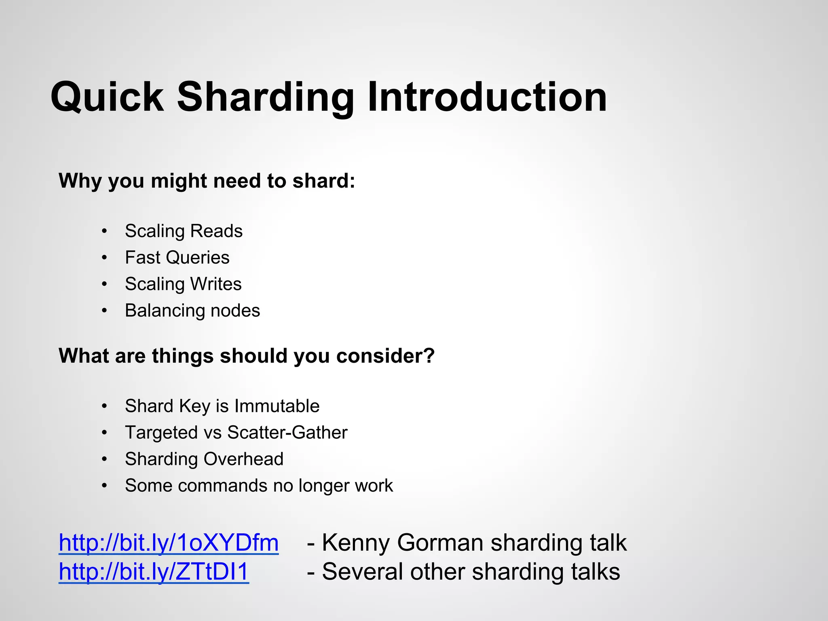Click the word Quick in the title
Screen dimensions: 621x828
pyautogui.click(x=108, y=97)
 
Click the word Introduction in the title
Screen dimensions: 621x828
pyautogui.click(x=487, y=97)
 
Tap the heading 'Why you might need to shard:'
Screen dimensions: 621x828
pyautogui.click(x=207, y=181)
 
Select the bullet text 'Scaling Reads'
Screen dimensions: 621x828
pyautogui.click(x=184, y=231)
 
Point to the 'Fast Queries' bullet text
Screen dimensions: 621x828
pyautogui.click(x=177, y=258)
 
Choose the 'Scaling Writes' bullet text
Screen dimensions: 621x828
pyautogui.click(x=183, y=284)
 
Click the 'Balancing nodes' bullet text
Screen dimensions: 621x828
pyautogui.click(x=192, y=310)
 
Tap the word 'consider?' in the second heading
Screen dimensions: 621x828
pyautogui.click(x=385, y=356)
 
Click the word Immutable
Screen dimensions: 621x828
pyautogui.click(x=277, y=406)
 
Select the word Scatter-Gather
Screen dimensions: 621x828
pyautogui.click(x=287, y=433)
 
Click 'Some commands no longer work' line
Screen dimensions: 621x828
pyautogui.click(x=259, y=486)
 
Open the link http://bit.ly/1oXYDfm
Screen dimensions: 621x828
pyautogui.click(x=169, y=543)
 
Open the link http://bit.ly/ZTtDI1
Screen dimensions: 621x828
pyautogui.click(x=154, y=572)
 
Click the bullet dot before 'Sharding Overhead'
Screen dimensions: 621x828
pyautogui.click(x=105, y=459)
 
